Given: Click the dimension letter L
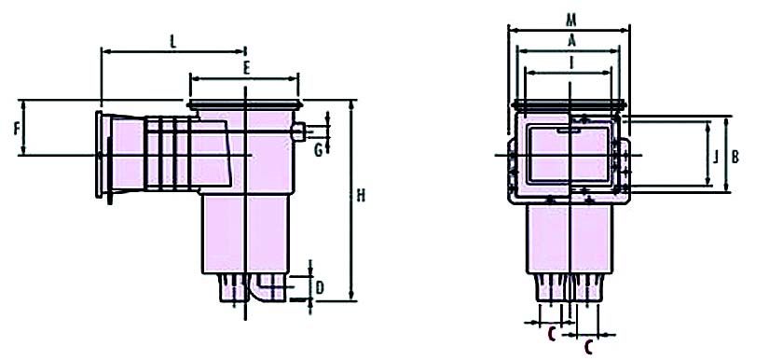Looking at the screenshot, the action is [172, 42].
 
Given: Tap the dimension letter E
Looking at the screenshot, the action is [246, 69].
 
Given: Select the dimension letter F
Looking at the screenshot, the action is [17, 129].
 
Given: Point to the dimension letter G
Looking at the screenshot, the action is [318, 149].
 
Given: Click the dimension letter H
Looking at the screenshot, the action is [361, 196].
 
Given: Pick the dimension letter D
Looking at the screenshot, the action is [320, 288].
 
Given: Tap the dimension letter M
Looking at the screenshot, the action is [570, 21].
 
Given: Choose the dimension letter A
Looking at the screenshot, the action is [570, 41].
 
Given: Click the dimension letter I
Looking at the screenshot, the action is [570, 62].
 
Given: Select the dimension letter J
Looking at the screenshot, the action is [716, 157].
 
